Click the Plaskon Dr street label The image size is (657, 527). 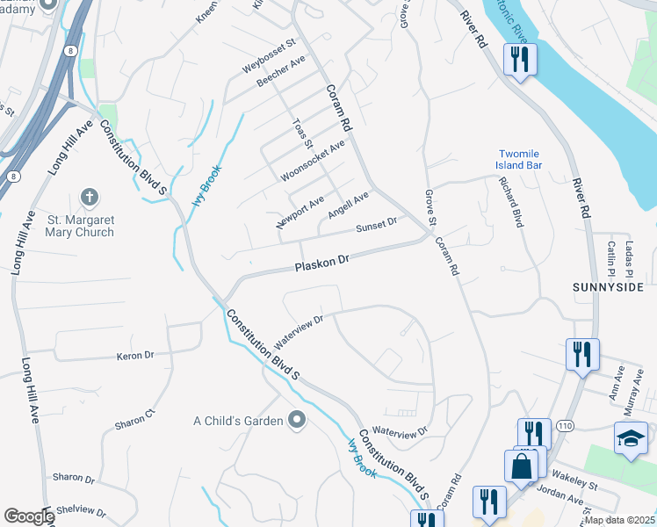tap(322, 261)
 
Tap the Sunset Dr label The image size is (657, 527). tap(377, 227)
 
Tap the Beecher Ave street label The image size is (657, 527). tap(280, 72)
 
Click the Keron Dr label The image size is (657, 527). tap(135, 356)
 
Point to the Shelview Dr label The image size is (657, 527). tap(80, 512)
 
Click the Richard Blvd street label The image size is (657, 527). tap(510, 202)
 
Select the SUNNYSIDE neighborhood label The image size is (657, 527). tap(608, 287)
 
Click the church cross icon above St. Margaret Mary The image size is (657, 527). tap(88, 197)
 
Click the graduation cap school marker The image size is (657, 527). tap(631, 438)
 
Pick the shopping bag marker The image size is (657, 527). tap(521, 466)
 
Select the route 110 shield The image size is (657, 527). tap(563, 425)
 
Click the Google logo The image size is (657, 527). tap(28, 516)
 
